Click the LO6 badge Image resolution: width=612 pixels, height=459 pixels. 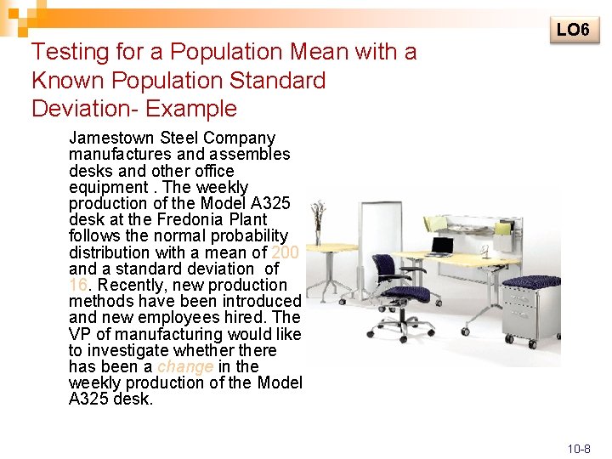pos(573,30)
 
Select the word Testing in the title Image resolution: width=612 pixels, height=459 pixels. pos(71,53)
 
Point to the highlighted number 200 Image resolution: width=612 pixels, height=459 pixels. pos(285,252)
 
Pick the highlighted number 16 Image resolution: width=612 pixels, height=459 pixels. pos(78,285)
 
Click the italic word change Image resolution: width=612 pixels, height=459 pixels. pos(185,366)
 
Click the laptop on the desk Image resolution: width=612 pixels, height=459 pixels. pos(441,246)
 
